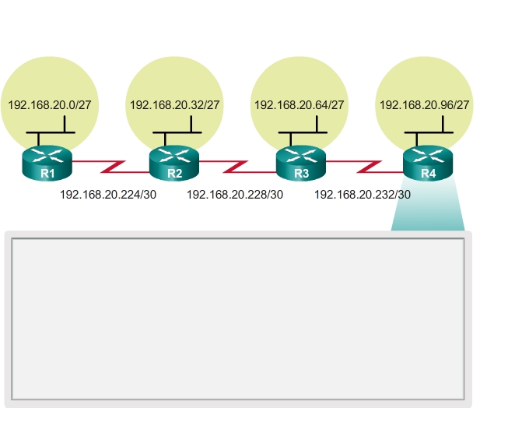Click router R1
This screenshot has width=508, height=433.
point(47,164)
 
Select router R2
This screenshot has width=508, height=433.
point(174,164)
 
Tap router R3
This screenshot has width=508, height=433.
point(301,164)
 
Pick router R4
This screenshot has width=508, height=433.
point(428,164)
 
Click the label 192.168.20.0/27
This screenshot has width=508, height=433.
point(49,104)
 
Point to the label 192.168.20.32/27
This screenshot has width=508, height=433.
point(175,104)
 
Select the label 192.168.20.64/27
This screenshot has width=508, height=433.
point(300,104)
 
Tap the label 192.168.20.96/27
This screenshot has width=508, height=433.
point(425,104)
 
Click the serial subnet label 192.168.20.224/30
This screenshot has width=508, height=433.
point(108,195)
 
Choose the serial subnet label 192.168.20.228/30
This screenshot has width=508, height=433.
point(235,195)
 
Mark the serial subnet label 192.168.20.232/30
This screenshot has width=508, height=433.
point(363,195)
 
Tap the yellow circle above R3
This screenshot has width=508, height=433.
point(300,74)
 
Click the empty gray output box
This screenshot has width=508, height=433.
point(237,319)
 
